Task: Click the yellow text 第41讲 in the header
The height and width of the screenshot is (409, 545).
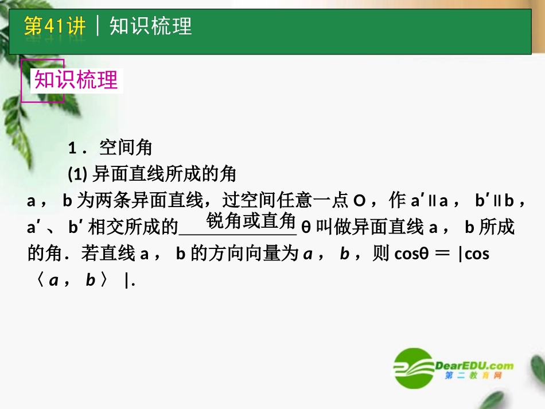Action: (54, 26)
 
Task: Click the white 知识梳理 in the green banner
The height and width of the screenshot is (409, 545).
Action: (150, 26)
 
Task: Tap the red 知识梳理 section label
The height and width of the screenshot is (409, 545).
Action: (76, 80)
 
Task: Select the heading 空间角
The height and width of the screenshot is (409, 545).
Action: (126, 148)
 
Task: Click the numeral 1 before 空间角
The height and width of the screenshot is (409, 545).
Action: (72, 149)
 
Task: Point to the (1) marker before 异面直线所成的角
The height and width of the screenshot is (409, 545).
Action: (76, 174)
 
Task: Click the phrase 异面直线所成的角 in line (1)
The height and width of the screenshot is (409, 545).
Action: (164, 174)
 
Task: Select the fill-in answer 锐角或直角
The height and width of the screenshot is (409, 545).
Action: (251, 221)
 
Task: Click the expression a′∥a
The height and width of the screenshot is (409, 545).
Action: (429, 201)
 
